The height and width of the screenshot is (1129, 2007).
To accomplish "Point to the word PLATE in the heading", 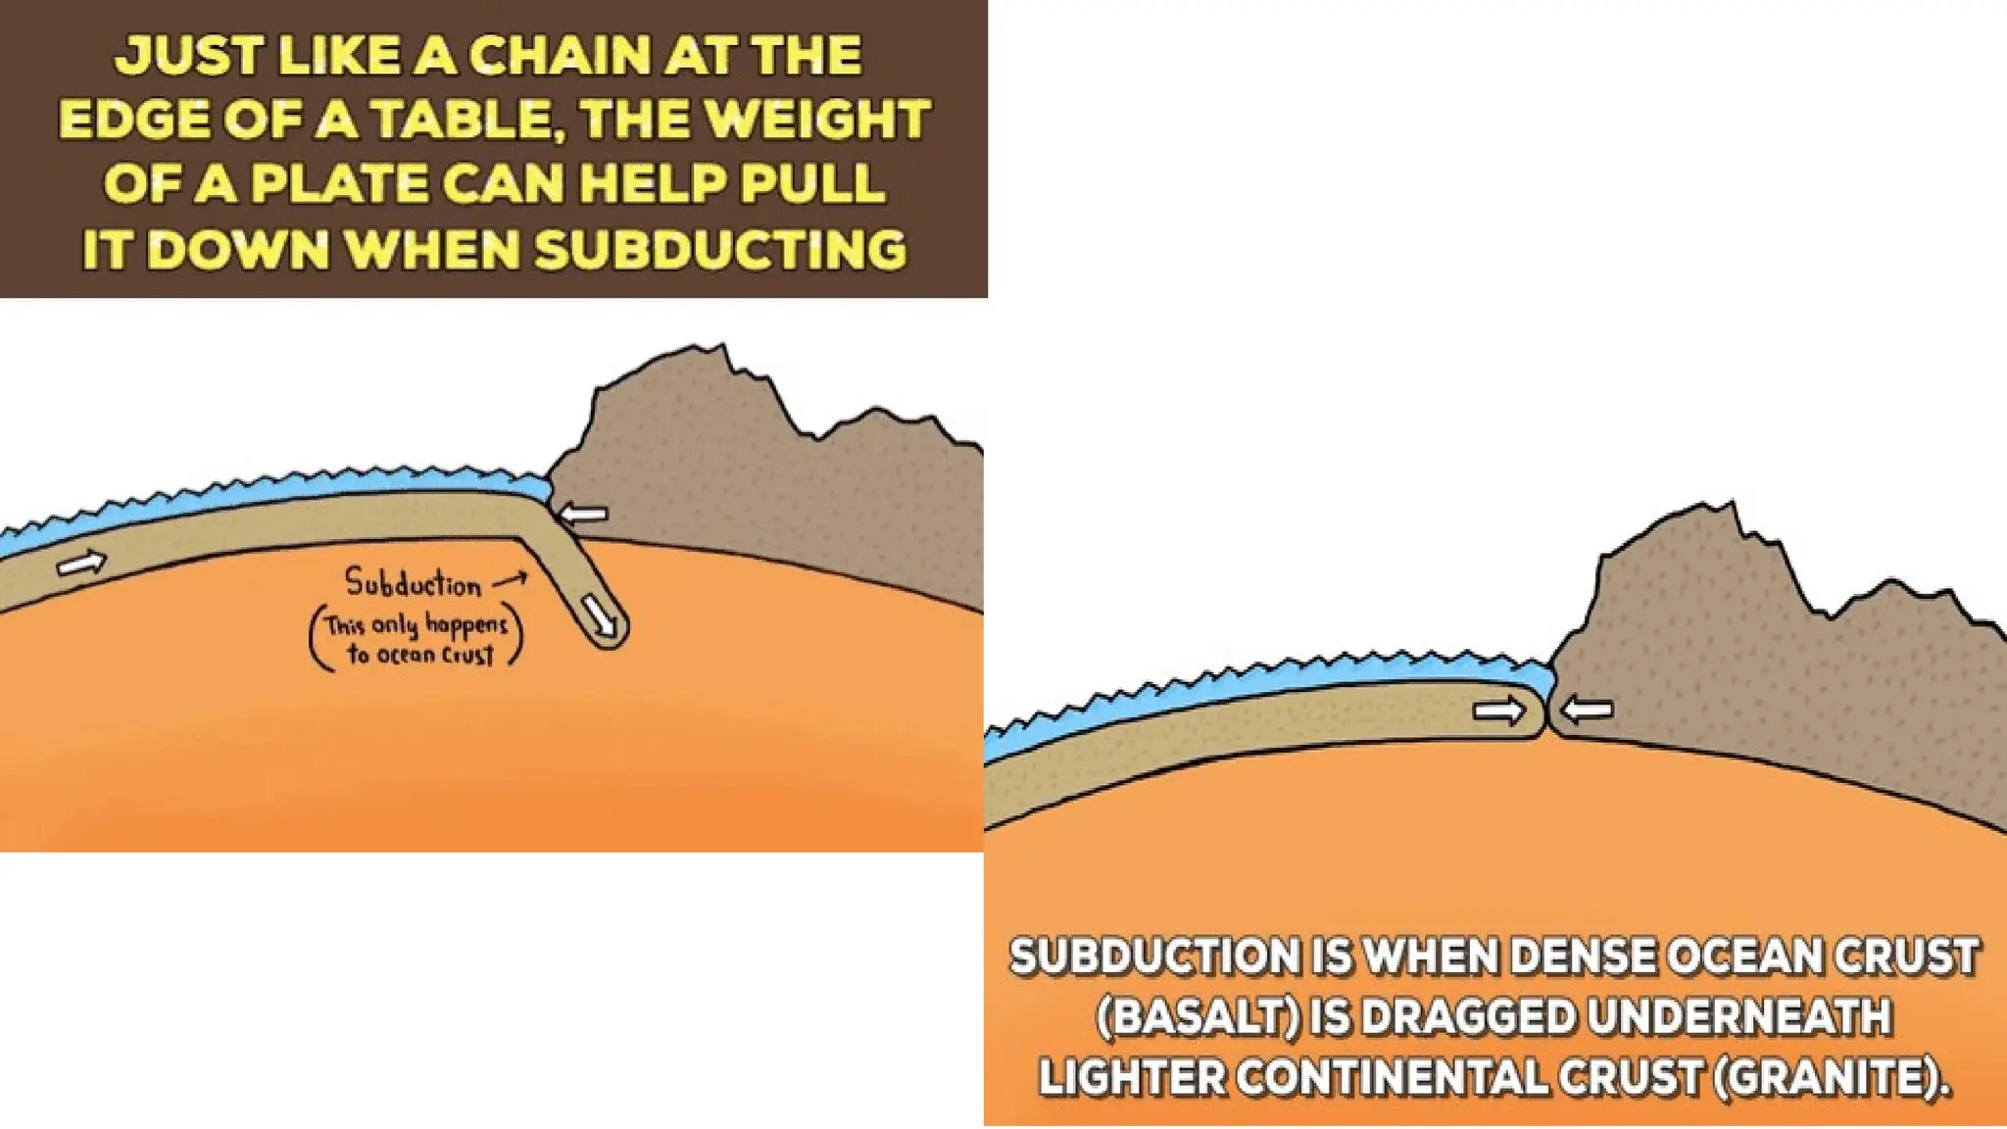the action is pyautogui.click(x=338, y=184).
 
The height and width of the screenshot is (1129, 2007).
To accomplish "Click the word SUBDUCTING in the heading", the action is pyautogui.click(x=721, y=249).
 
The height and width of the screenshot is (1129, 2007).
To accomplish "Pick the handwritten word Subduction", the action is pyautogui.click(x=413, y=584).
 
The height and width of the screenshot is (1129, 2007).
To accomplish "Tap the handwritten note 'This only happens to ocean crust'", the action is pyautogui.click(x=416, y=639).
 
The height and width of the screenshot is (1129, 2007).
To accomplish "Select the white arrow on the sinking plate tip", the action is pyautogui.click(x=600, y=615).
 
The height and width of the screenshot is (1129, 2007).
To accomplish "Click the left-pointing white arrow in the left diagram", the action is pyautogui.click(x=584, y=514).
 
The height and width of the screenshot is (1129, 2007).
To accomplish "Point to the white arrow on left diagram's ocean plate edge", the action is pyautogui.click(x=81, y=564).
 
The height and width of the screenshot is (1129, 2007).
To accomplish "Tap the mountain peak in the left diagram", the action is pyautogui.click(x=721, y=349).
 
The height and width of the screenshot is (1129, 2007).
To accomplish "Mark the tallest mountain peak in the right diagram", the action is pyautogui.click(x=1732, y=507).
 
